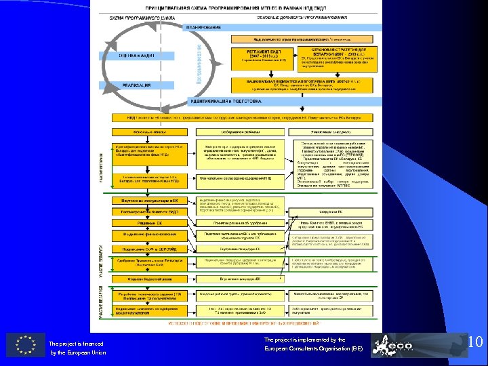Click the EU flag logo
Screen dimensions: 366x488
(26, 345)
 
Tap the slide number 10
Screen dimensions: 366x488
(475, 342)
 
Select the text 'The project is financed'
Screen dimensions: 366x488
(75, 344)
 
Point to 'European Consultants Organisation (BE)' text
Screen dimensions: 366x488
(313, 348)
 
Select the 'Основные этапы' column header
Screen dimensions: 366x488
(150, 131)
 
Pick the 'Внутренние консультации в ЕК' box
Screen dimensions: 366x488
(150, 201)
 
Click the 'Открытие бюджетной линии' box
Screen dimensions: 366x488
(150, 278)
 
